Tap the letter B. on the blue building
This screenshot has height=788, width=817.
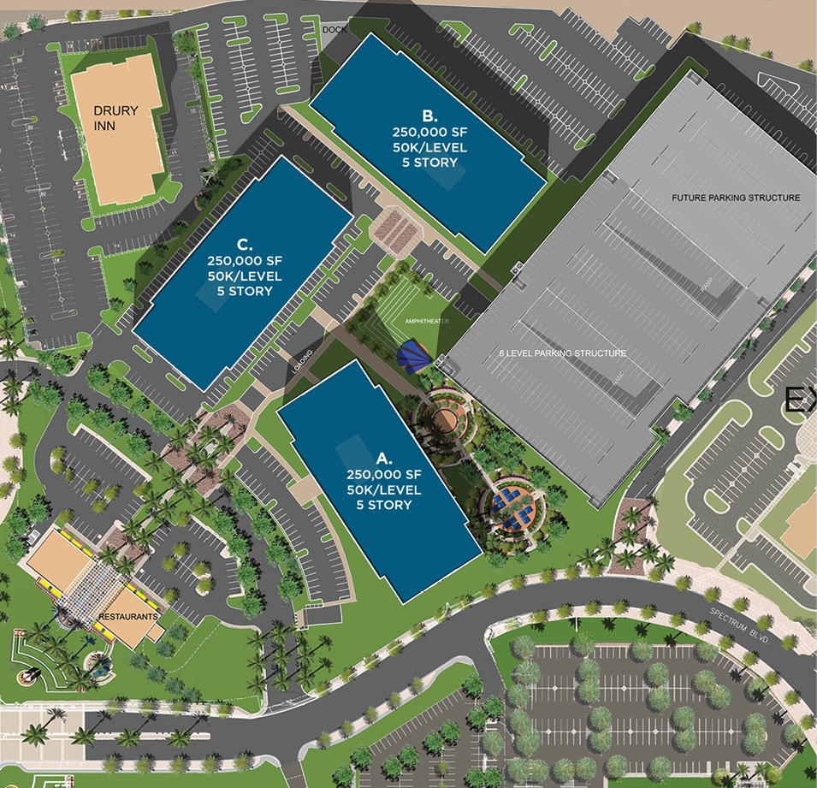pyautogui.click(x=429, y=116)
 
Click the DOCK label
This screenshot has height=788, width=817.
pyautogui.click(x=334, y=30)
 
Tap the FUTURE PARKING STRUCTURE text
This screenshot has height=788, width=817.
pyautogui.click(x=736, y=198)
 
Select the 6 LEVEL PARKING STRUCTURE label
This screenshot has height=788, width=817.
pyautogui.click(x=563, y=353)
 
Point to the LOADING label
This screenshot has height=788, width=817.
pyautogui.click(x=305, y=358)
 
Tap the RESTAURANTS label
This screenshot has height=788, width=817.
pyautogui.click(x=127, y=616)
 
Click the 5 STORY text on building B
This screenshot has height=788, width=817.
pyautogui.click(x=429, y=163)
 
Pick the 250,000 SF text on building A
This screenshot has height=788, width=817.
pyautogui.click(x=384, y=475)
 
